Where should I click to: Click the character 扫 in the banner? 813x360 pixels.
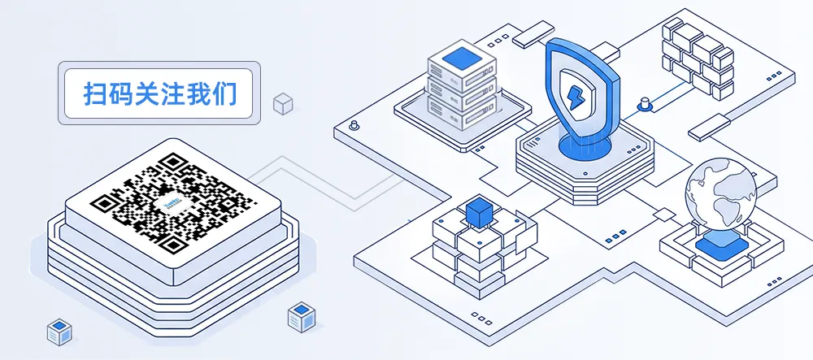coord(96,93)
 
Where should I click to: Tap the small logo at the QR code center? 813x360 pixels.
coord(174,202)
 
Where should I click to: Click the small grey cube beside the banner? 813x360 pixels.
coord(282,103)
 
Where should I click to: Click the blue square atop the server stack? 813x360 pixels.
coord(461,57)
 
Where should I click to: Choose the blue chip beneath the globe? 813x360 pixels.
coord(719,242)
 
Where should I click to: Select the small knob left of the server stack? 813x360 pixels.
coord(354,126)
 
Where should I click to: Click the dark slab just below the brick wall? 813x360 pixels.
coord(706,125)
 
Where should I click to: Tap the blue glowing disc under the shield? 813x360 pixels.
coord(583,146)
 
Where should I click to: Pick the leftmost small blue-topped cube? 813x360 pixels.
coord(59,331)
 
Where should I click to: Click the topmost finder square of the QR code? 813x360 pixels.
coord(172,163)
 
